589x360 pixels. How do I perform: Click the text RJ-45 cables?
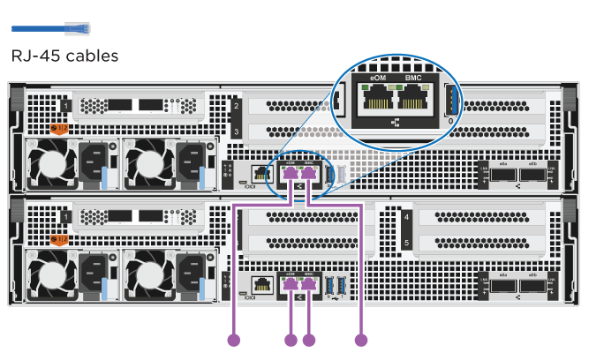[64, 56]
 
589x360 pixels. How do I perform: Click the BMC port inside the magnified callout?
[412, 100]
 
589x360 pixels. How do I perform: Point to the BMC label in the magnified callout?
[412, 79]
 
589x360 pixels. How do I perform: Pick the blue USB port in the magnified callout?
[452, 101]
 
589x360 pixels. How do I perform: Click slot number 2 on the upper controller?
[236, 108]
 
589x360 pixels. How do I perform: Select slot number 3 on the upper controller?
[236, 131]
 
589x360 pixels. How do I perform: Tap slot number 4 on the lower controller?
[405, 216]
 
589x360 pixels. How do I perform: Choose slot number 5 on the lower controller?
[405, 240]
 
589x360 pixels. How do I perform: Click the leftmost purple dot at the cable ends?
[234, 339]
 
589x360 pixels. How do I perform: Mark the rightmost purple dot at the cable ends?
[360, 339]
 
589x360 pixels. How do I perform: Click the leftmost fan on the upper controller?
[45, 165]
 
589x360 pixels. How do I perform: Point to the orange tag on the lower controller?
[60, 237]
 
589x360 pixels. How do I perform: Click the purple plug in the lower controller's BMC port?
[309, 283]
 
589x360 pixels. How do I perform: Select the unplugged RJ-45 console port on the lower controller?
[261, 284]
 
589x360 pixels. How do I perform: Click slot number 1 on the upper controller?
[66, 108]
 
